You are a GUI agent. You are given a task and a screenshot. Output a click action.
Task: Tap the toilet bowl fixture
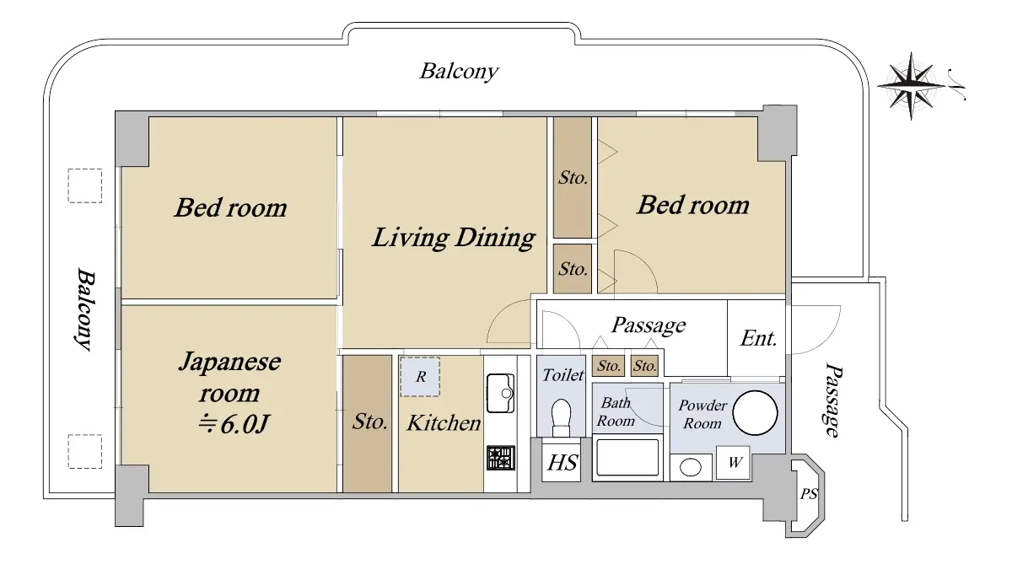[x=562, y=417]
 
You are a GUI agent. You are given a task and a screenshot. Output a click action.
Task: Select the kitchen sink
[x=501, y=393]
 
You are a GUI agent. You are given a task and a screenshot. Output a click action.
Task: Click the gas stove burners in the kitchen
[x=501, y=458]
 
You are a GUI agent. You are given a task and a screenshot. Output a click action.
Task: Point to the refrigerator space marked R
[x=420, y=377]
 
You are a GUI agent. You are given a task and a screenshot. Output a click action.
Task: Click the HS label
[x=562, y=463]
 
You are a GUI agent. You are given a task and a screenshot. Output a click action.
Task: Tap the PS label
[x=809, y=494]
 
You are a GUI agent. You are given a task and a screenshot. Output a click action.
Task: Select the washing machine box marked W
[x=733, y=462]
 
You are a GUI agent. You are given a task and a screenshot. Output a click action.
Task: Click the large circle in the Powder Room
[x=755, y=413]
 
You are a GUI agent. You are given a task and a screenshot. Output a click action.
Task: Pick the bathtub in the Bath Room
[x=627, y=458]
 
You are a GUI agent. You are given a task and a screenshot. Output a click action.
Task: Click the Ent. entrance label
[x=758, y=338]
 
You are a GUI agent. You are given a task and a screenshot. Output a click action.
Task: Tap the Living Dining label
[x=454, y=238]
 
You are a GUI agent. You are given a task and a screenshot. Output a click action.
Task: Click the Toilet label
[x=563, y=375]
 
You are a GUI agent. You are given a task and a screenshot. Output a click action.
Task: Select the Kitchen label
[x=444, y=423]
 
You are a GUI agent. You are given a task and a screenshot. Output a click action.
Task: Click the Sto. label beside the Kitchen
[x=369, y=422]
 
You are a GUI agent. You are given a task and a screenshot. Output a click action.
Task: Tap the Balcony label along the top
[x=459, y=72]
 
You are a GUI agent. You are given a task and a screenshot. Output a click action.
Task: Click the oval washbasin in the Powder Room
[x=691, y=468]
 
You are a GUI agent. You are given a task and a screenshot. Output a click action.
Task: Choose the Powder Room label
[x=702, y=414]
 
